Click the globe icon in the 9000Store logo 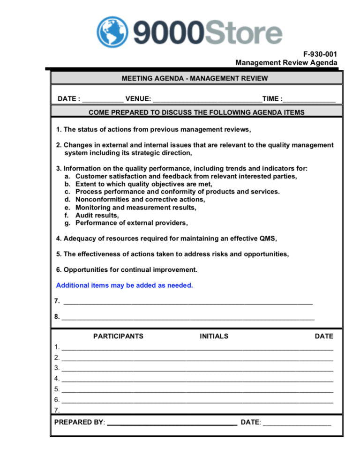pos(112,32)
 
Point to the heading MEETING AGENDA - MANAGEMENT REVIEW pos(195,78)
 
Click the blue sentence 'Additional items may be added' pos(124,285)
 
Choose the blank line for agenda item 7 pos(187,302)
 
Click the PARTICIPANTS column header pos(118,336)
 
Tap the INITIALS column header pos(214,336)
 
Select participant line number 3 pos(197,369)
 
